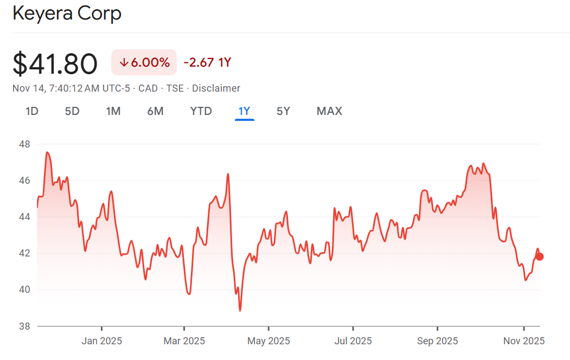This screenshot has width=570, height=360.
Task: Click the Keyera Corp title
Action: pos(67,14)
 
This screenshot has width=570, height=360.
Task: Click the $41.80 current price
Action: pos(55,64)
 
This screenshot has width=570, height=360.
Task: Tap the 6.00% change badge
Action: pos(144,62)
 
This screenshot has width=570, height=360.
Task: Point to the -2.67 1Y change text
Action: pos(207,62)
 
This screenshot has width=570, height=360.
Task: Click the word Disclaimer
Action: pos(216,88)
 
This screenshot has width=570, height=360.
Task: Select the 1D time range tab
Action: pos(32,111)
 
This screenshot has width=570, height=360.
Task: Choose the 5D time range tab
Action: pos(72,111)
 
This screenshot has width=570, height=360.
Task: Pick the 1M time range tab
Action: pos(113,111)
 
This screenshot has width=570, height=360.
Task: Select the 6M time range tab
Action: pos(155,111)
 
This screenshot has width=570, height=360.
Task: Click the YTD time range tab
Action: pos(201,111)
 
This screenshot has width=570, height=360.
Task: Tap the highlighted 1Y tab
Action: pos(244,111)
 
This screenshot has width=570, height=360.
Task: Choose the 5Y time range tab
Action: pos(283,111)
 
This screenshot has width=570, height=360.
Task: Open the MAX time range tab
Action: pos(329,111)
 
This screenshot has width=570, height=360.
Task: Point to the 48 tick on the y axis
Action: pos(24,144)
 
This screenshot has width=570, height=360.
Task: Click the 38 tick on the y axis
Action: pos(24,326)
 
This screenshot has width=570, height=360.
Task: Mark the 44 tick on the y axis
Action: pos(24,217)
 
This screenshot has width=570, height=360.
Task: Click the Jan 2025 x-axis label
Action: pos(101,341)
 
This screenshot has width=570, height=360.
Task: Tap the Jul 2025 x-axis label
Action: pos(353,341)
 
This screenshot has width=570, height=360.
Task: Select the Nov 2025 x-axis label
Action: pos(523,341)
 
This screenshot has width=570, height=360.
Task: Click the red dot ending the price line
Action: pos(539,256)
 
